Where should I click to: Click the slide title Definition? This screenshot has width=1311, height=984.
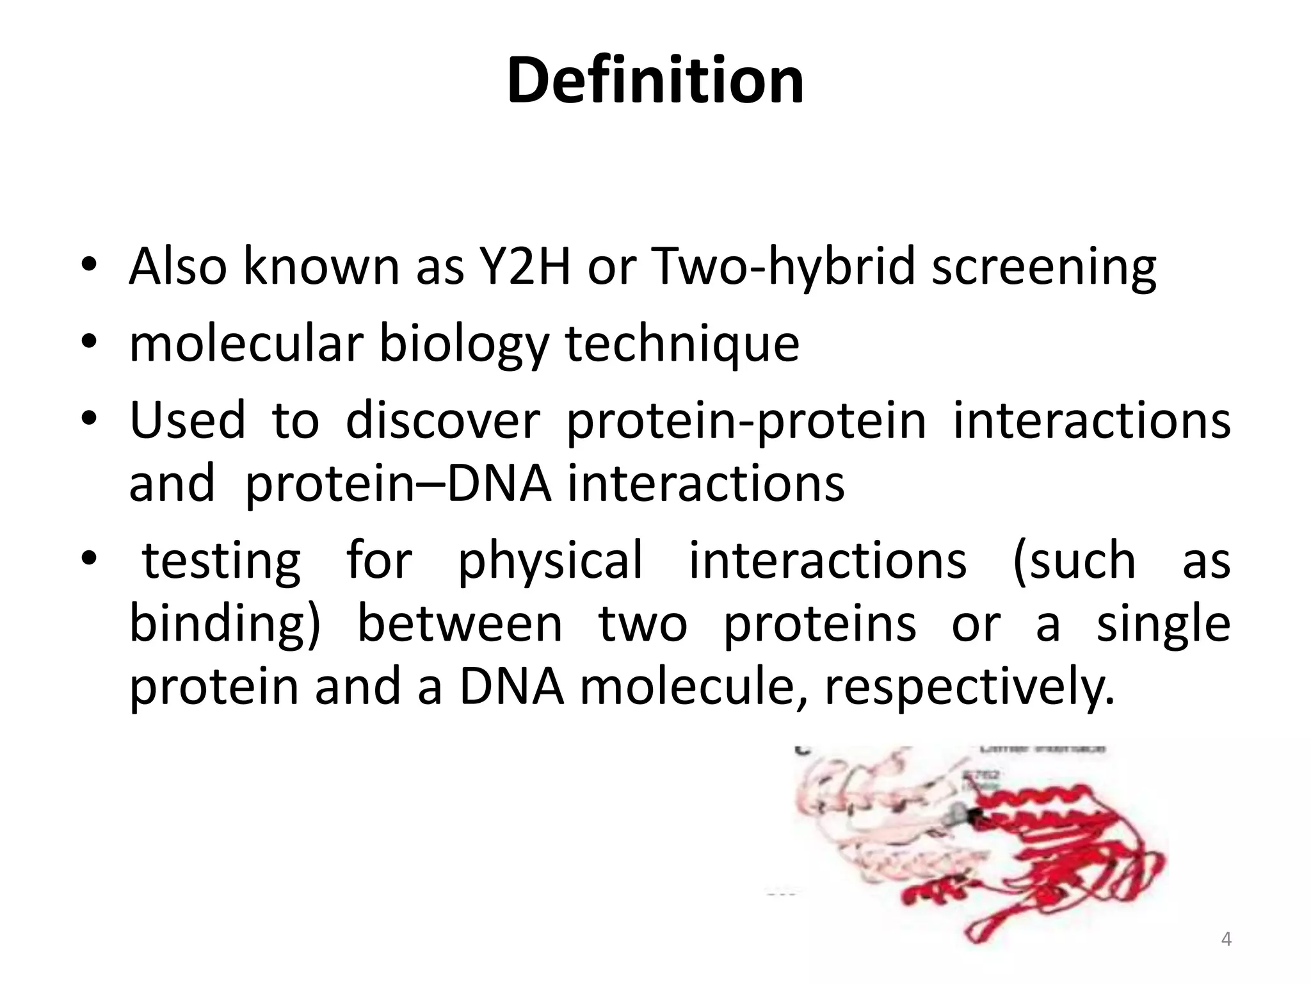(655, 81)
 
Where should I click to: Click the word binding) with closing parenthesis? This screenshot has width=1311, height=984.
(224, 625)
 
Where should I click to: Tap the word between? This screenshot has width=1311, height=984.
(459, 624)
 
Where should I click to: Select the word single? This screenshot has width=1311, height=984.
(1163, 625)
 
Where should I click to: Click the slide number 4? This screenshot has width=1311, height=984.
(1226, 940)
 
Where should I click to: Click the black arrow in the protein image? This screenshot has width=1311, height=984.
(976, 816)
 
